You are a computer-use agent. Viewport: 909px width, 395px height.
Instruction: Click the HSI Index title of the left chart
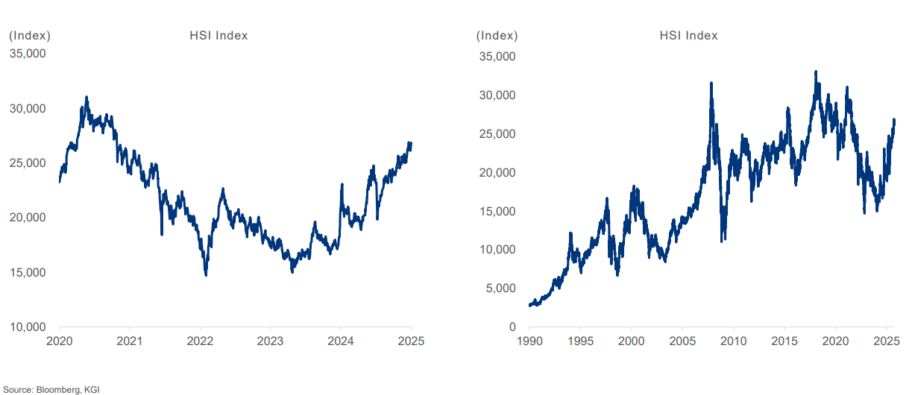click(x=219, y=35)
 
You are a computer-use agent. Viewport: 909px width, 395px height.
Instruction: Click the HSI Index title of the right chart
click(x=688, y=35)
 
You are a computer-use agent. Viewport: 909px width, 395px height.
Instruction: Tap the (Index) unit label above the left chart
click(x=30, y=35)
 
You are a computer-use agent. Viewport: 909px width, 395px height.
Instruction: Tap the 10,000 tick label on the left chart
click(x=27, y=327)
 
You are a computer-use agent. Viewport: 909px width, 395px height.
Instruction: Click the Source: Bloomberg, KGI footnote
click(x=51, y=389)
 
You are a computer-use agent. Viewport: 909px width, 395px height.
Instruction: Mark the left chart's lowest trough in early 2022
click(x=206, y=275)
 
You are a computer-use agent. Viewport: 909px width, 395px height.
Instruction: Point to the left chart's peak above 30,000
click(x=87, y=97)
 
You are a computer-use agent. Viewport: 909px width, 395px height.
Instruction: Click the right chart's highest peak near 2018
click(x=816, y=72)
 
